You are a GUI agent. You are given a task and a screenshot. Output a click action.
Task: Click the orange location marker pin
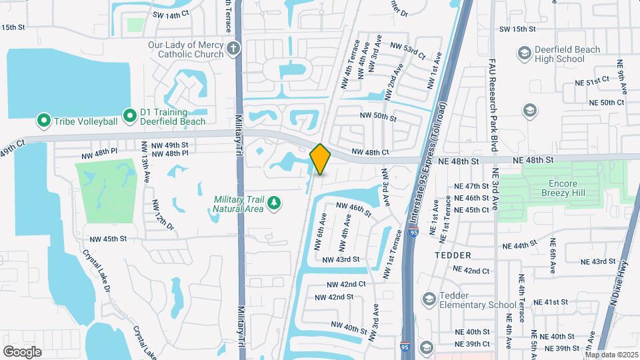point(320,159)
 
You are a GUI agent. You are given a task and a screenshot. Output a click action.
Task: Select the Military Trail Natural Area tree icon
point(273,202)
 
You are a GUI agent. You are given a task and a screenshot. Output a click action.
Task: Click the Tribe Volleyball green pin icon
point(44,121)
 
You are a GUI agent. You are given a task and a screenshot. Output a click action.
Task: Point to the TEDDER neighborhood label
point(453,255)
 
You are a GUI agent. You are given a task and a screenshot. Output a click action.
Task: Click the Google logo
point(22,351)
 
